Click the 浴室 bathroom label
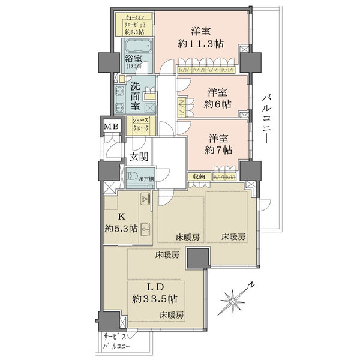[x=133, y=62]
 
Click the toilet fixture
[x=133, y=178]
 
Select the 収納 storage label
[x=199, y=176]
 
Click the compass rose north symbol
[x=235, y=298]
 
